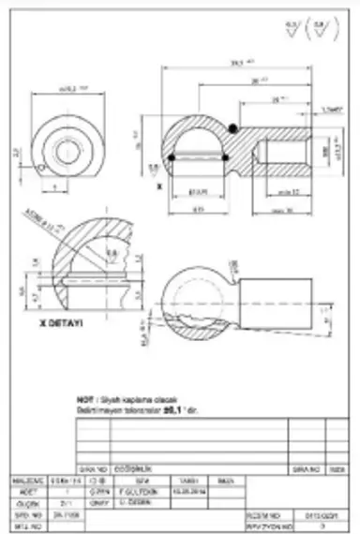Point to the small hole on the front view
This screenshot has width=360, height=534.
(x=45, y=170)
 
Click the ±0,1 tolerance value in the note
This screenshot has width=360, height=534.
(x=171, y=408)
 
